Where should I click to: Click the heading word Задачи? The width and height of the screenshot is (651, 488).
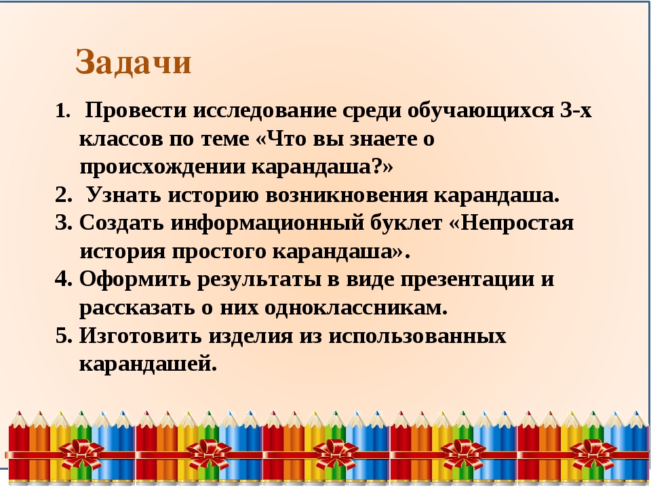(x=134, y=62)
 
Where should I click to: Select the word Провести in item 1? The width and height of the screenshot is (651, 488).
(x=136, y=110)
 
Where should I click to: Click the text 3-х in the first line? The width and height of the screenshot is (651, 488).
(x=576, y=110)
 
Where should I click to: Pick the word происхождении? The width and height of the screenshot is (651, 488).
(x=162, y=167)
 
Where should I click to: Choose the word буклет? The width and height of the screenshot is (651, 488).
(x=406, y=223)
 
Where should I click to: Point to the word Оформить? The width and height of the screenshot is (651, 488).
(x=134, y=280)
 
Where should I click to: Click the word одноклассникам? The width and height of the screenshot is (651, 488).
(x=355, y=308)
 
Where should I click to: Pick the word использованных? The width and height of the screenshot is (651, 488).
(x=417, y=335)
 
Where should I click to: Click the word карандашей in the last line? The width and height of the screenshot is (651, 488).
(x=148, y=365)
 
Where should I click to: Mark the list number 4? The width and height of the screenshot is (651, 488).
(x=63, y=279)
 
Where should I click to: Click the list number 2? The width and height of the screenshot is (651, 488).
(x=63, y=195)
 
